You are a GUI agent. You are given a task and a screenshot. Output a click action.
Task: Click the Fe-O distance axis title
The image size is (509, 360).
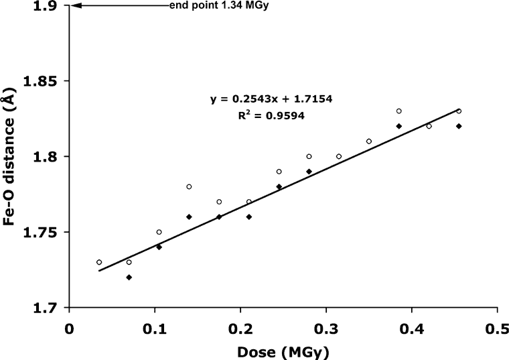tap(11, 156)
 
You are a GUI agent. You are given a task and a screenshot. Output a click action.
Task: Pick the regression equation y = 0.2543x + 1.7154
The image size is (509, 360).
tap(272, 99)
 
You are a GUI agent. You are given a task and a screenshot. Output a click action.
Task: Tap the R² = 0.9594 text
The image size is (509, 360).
tap(272, 115)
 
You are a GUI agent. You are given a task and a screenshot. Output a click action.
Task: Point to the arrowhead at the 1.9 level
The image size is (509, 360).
tap(75, 6)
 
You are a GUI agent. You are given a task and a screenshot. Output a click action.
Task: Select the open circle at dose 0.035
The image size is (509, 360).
tap(99, 262)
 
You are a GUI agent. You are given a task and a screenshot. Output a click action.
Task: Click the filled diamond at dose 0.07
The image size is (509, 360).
tap(129, 277)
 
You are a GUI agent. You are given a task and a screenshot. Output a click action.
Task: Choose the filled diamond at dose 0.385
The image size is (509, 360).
tap(398, 126)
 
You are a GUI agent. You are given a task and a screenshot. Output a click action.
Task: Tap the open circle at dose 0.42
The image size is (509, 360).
tap(429, 126)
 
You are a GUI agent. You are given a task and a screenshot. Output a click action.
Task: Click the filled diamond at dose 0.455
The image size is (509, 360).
tap(459, 126)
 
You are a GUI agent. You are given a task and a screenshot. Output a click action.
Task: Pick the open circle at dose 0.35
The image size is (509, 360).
tap(369, 141)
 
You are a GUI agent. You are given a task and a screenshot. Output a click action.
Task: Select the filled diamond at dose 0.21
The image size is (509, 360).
tap(248, 217)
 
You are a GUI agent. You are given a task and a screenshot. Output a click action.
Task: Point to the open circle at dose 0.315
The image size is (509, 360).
tap(339, 156)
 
